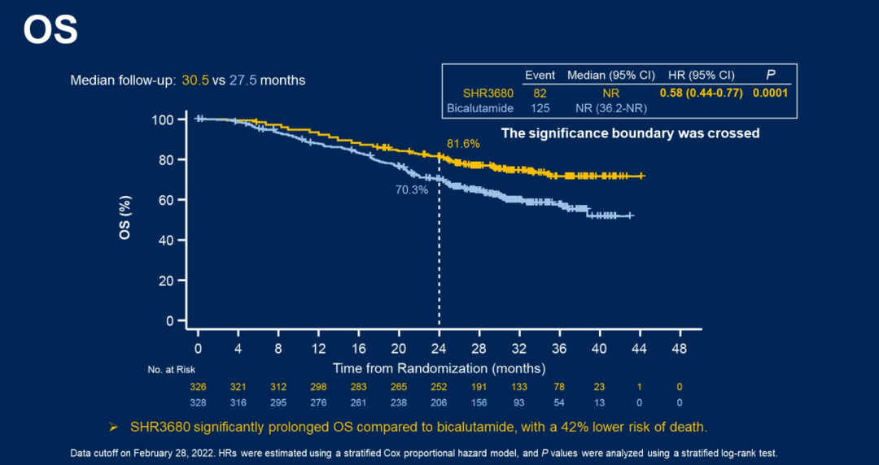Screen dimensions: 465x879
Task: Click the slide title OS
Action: coord(50,30)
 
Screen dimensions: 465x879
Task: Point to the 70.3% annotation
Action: coord(412,190)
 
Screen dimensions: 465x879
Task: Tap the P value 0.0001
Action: coord(770,93)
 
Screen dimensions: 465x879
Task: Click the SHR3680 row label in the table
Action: coord(488,93)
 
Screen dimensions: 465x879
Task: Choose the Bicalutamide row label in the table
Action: coord(480,107)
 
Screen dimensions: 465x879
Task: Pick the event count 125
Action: coord(540,107)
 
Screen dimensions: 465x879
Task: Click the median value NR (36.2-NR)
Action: coord(611,107)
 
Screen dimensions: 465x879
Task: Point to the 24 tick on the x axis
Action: coord(439,349)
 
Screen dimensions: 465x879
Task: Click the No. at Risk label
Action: coord(172,370)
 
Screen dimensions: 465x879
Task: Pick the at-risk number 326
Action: coord(198,387)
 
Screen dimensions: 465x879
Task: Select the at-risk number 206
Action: coord(439,402)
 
